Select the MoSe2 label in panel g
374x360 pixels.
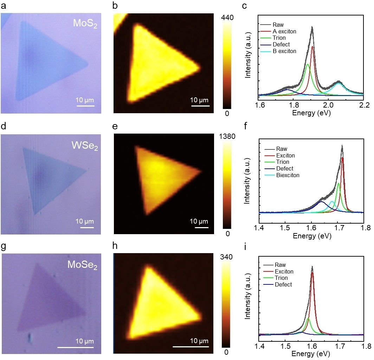point(82,265)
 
